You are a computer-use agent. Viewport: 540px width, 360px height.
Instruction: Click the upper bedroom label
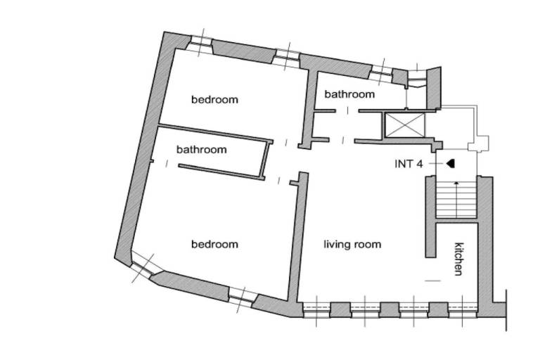point(214,100)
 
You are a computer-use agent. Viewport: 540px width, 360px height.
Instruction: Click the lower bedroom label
point(214,244)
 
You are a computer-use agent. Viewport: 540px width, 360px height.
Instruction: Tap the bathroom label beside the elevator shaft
point(349,94)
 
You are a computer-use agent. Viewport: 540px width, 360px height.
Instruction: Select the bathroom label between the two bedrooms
point(202,150)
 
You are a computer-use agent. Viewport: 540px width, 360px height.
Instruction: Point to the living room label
point(352,245)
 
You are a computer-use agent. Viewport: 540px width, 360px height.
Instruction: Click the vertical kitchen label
point(458,259)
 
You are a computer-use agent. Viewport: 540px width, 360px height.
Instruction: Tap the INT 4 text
point(409,164)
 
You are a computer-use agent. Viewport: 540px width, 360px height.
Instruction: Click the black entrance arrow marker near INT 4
point(451,164)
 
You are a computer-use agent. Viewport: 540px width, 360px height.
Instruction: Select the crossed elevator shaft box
point(404,124)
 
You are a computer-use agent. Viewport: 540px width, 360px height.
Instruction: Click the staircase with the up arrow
point(456,199)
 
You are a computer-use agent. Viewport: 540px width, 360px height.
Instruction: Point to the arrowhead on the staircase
point(456,184)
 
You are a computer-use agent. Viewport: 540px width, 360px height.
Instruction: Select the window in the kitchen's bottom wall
point(463,309)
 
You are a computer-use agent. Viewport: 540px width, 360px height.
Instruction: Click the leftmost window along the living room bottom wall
point(317,309)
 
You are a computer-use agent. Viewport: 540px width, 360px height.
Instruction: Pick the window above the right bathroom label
point(381,72)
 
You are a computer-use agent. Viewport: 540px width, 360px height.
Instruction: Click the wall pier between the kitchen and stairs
point(431,217)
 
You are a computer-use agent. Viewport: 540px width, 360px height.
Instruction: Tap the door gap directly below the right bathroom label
point(347,111)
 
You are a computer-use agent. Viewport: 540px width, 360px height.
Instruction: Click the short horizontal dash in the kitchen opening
point(433,281)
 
